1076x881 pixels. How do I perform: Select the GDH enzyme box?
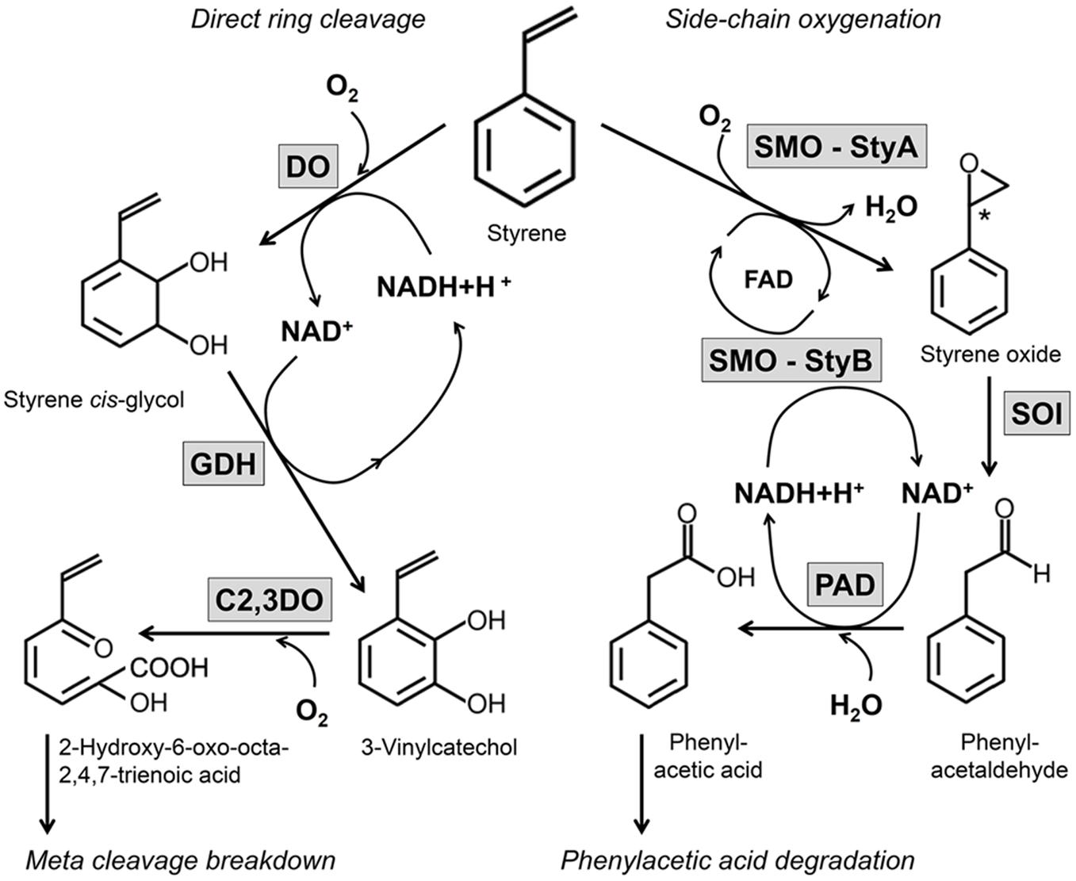coord(224,462)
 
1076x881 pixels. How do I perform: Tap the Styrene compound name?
coord(527,233)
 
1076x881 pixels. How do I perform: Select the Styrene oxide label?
coord(990,354)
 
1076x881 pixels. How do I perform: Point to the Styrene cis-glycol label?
coord(94,399)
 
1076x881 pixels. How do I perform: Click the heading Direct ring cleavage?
coord(308,18)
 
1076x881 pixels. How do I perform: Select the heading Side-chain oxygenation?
coord(802,18)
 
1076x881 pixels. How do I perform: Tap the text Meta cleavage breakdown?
coord(181,860)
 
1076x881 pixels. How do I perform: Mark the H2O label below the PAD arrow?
coord(856,705)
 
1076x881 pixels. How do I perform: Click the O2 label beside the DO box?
coord(343,89)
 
